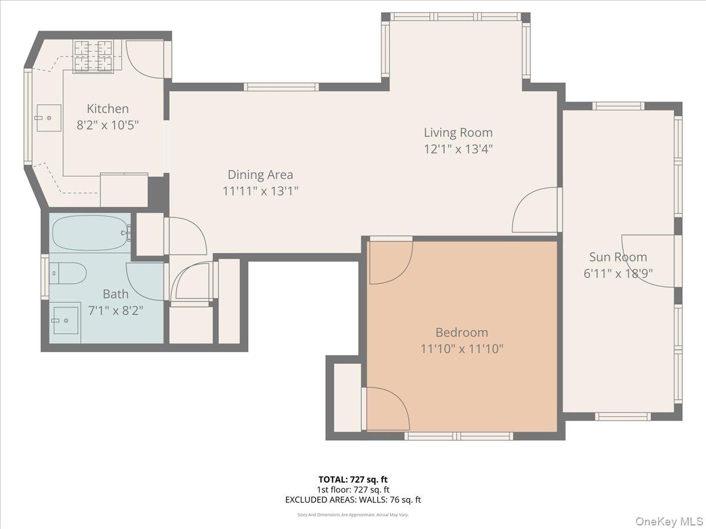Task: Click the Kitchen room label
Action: tap(108, 109)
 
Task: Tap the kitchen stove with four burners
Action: tap(93, 56)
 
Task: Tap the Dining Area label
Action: tap(260, 175)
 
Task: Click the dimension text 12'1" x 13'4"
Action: tap(458, 149)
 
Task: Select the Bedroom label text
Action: tap(461, 332)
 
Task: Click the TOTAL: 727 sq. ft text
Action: tap(352, 479)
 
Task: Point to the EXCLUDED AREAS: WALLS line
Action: tap(352, 500)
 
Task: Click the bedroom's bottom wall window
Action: tap(458, 436)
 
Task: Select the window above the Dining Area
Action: tap(281, 87)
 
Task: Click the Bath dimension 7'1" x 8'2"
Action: tap(115, 310)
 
